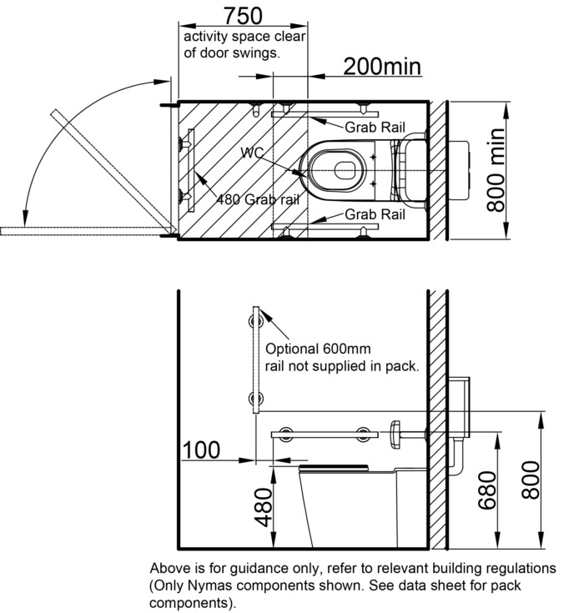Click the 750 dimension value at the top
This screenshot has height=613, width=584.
click(x=243, y=16)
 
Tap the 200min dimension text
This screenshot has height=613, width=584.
click(x=382, y=67)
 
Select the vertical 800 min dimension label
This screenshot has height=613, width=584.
click(x=496, y=170)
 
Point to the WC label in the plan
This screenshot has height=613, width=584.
click(x=252, y=153)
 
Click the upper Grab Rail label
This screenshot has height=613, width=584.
click(x=375, y=128)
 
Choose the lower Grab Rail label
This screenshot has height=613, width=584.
click(x=375, y=214)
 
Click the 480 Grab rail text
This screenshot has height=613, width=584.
click(x=258, y=199)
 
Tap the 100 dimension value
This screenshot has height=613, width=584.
click(x=201, y=450)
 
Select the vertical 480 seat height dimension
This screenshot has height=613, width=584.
click(x=264, y=507)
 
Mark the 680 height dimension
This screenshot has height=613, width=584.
click(x=487, y=490)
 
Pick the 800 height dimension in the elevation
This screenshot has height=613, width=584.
click(x=531, y=480)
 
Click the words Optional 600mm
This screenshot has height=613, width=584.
click(x=318, y=349)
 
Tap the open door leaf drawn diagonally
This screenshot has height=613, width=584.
click(x=113, y=169)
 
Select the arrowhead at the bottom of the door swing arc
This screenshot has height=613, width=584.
click(x=25, y=219)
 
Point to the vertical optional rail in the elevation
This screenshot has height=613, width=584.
click(x=256, y=359)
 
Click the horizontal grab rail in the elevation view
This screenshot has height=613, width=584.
click(x=325, y=435)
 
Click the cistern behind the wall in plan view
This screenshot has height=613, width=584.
click(x=458, y=171)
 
